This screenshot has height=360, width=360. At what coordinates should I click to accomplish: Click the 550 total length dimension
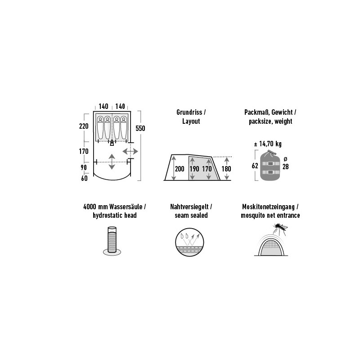(140, 128)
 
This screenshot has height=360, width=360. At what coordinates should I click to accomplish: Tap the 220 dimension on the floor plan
(84, 126)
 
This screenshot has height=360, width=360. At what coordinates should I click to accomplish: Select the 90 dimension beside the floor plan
(84, 167)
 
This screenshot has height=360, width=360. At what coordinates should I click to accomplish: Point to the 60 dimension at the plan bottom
(84, 178)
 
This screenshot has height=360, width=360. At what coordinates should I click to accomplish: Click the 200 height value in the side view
(180, 169)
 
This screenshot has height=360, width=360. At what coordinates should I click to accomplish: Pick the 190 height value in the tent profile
(194, 169)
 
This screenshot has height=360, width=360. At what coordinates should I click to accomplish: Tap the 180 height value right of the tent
(226, 169)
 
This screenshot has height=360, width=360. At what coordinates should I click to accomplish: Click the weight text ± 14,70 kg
(268, 144)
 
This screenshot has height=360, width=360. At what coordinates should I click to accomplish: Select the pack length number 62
(255, 166)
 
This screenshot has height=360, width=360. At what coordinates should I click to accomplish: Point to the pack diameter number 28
(286, 166)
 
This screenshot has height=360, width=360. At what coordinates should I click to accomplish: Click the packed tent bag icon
(270, 165)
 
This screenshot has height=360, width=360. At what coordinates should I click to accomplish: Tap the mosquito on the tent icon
(279, 228)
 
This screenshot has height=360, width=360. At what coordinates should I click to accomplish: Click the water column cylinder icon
(112, 241)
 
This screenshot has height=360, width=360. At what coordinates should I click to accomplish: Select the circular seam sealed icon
(189, 242)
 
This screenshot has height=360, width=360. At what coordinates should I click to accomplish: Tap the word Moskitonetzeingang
(268, 207)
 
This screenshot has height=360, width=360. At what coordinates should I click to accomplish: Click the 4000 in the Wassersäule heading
(90, 207)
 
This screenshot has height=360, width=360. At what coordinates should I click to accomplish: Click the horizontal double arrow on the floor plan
(130, 152)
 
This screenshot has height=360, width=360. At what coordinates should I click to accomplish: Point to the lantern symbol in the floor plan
(112, 143)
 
